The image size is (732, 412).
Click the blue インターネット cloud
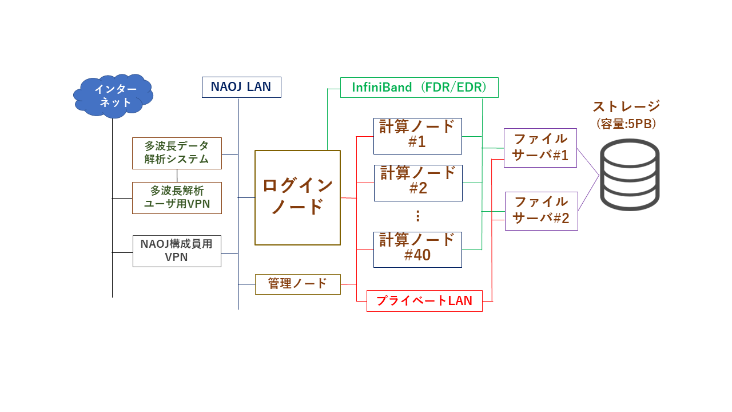[113, 96]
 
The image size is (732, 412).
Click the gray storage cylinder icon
[630, 175]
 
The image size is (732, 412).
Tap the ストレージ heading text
[626, 106]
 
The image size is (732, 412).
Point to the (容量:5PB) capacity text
[626, 124]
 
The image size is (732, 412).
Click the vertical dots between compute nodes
[417, 216]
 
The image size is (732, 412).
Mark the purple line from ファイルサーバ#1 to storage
[588, 162]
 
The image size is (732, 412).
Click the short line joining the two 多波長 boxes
[177, 176]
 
